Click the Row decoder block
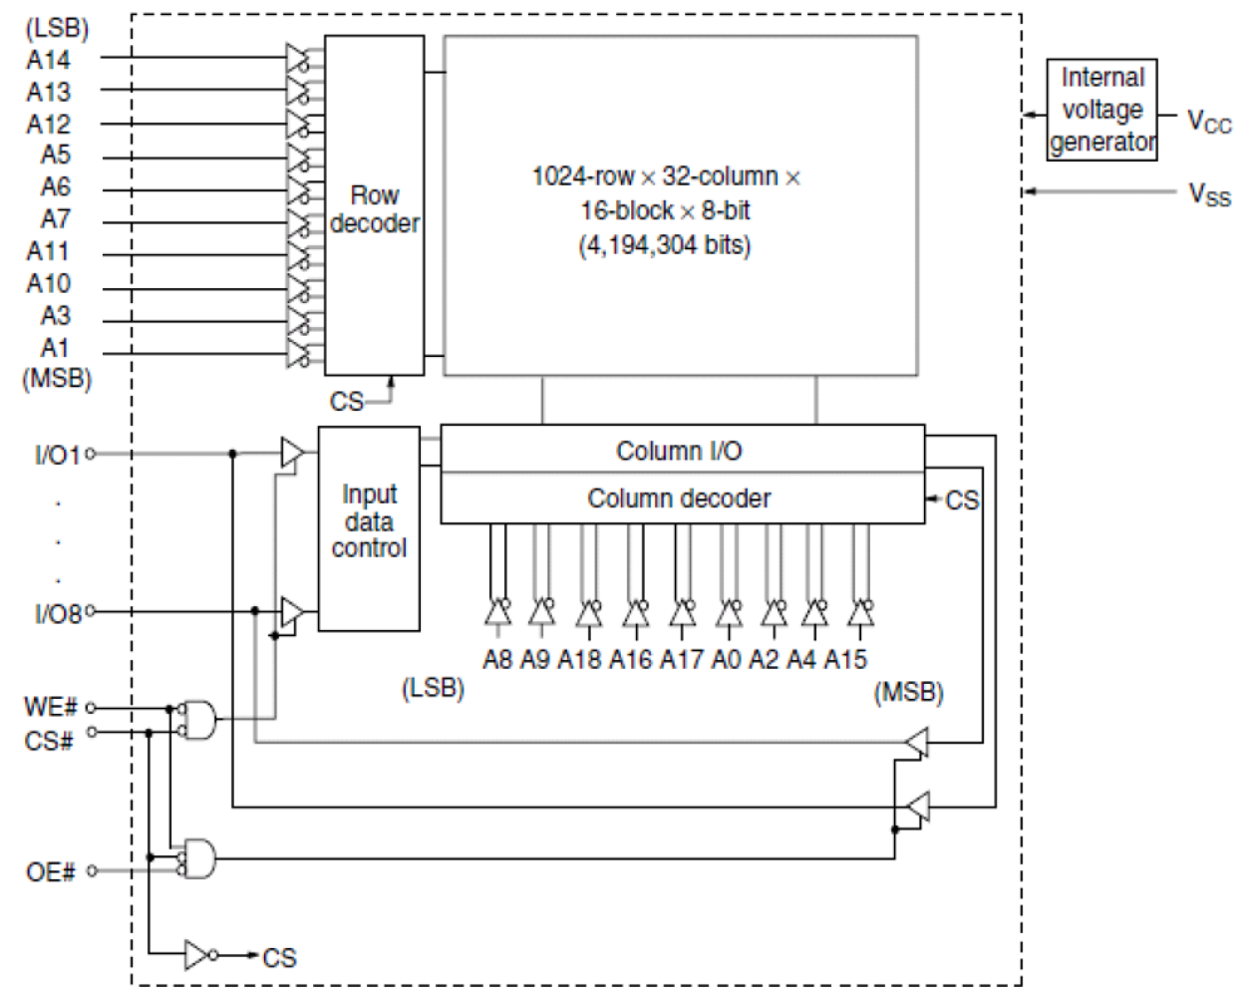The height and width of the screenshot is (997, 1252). pos(374,206)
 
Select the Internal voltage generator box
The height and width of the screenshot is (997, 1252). pos(1101,110)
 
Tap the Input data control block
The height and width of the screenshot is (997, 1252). pos(369,525)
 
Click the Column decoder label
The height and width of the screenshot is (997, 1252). pos(679,498)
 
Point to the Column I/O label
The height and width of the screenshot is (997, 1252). pos(679,451)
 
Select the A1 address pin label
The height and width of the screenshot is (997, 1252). pos(55,349)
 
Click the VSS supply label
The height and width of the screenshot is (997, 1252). pos(1209,194)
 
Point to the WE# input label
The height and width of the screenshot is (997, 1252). pos(50,708)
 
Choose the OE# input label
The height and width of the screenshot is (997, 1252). pos(50,872)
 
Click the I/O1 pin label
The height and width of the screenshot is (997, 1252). pos(57,456)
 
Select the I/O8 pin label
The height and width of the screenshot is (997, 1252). pos(57,613)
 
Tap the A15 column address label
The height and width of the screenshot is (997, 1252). pos(845,660)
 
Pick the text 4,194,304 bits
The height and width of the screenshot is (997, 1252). pos(665,245)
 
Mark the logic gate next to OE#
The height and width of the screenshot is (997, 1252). pos(197,857)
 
